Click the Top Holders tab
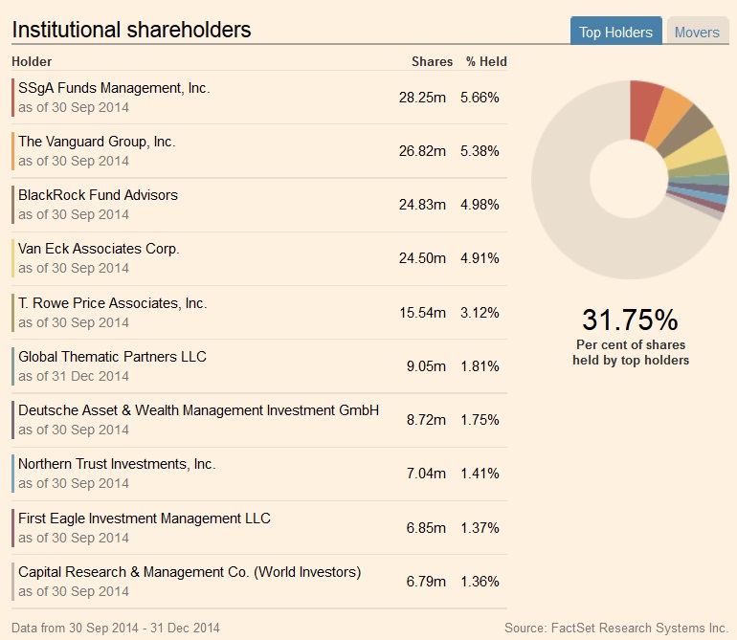click(615, 32)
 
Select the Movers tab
click(696, 32)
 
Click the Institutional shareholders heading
click(131, 30)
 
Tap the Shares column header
click(432, 61)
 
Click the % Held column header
click(486, 61)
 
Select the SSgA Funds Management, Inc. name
click(114, 88)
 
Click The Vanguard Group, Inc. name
click(97, 142)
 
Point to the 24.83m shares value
click(423, 205)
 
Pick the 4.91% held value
click(480, 258)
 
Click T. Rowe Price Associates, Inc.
click(112, 303)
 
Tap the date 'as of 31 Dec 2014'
click(73, 376)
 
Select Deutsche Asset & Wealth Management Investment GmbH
click(198, 410)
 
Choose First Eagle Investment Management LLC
click(145, 519)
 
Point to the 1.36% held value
click(480, 582)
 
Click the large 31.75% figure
click(630, 320)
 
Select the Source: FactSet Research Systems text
click(616, 628)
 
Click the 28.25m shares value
click(423, 98)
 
